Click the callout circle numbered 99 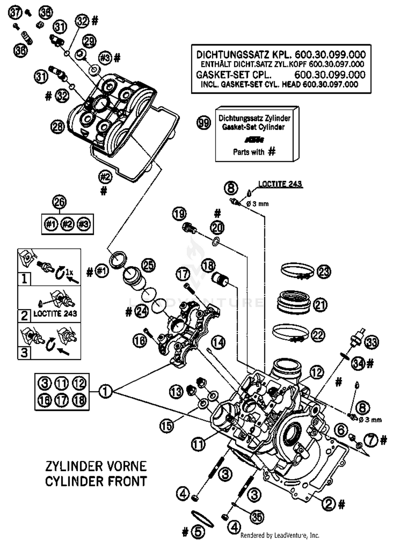pos(204,123)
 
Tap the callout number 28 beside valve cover pos(58,127)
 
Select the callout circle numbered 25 pos(148,265)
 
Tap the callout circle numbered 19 pos(179,214)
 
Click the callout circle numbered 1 pos(105,391)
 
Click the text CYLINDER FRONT pos(96,481)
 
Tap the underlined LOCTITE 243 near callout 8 pos(280,184)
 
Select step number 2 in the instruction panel pos(24,316)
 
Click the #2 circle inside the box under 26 pos(67,224)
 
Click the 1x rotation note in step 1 pos(69,272)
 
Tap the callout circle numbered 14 pos(218,342)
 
